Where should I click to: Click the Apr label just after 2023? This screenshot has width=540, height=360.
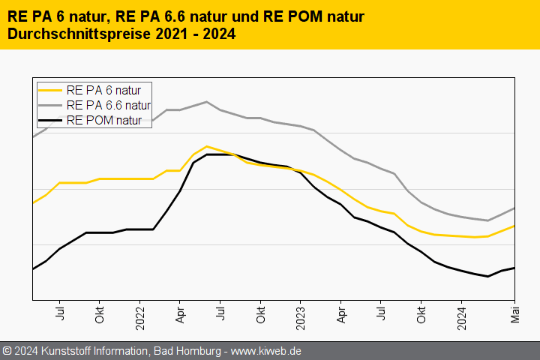point(340,313)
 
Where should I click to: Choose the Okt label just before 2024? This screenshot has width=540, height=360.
point(421,313)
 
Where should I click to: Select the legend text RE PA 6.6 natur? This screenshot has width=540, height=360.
point(109,105)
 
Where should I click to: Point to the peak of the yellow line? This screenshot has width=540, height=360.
point(206,146)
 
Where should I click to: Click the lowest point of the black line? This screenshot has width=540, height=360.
point(487,276)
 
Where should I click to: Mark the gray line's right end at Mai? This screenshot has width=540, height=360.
point(514,208)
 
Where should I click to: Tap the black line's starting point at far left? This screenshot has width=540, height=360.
point(33,268)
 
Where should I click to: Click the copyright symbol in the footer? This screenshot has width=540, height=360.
point(7,351)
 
